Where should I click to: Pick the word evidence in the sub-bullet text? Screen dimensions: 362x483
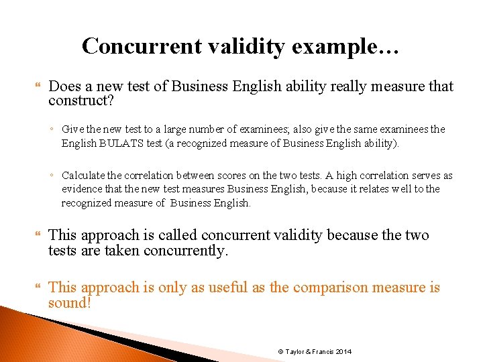[83, 189]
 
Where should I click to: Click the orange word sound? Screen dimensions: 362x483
[69, 302]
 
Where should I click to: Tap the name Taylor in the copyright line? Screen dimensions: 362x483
[297, 352]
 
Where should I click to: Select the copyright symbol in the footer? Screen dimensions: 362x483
[280, 352]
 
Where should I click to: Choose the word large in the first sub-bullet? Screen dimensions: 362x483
[171, 129]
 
